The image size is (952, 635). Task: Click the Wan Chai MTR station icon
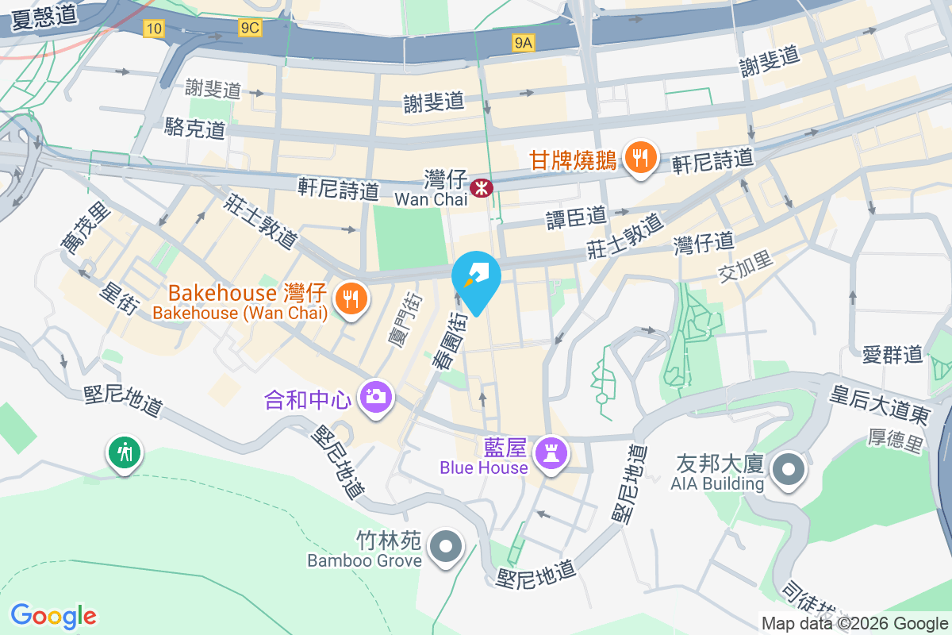pos(481,188)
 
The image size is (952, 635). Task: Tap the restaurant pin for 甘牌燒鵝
pos(639,158)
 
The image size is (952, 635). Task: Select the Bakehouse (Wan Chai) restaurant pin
pos(349,298)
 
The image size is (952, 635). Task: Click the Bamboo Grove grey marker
pos(445,547)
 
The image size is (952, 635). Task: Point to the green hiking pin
pos(124,453)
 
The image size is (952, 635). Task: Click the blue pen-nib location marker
pos(476,277)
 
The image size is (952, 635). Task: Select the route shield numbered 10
pos(154,29)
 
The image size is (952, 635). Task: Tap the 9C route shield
pos(249,29)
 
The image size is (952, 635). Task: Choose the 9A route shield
pos(523,43)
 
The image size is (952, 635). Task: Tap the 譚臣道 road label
pos(576,216)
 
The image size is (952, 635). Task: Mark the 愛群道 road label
pos(892,354)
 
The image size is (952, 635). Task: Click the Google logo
pos(54,616)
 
